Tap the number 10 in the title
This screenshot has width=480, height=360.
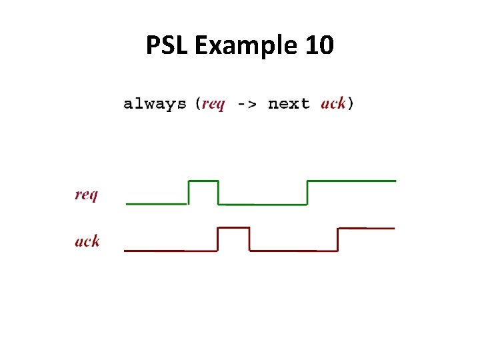pos(317,46)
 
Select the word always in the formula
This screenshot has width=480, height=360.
pos(155,104)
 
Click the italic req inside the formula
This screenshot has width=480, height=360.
pos(213,104)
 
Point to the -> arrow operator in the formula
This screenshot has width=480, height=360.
pos(247,104)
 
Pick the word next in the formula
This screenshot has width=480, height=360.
pos(289,104)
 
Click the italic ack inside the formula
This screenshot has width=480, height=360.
pos(333,104)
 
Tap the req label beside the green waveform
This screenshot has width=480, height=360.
pos(86,195)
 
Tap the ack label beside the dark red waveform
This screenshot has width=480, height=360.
pos(87,241)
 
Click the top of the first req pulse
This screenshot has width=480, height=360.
pos(203,181)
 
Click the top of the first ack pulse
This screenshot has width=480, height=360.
pos(233,228)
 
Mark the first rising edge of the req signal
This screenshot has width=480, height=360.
pos(189,192)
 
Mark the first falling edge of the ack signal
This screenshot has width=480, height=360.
pos(249,239)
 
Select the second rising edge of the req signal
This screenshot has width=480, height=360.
pos(307,192)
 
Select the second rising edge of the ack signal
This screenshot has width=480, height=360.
pos(339,239)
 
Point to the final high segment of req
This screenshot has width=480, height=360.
pos(351,181)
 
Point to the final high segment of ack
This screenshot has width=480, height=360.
pos(367,228)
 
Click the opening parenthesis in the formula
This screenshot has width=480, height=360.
pos(197,104)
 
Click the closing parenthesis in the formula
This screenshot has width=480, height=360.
pos(351,104)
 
